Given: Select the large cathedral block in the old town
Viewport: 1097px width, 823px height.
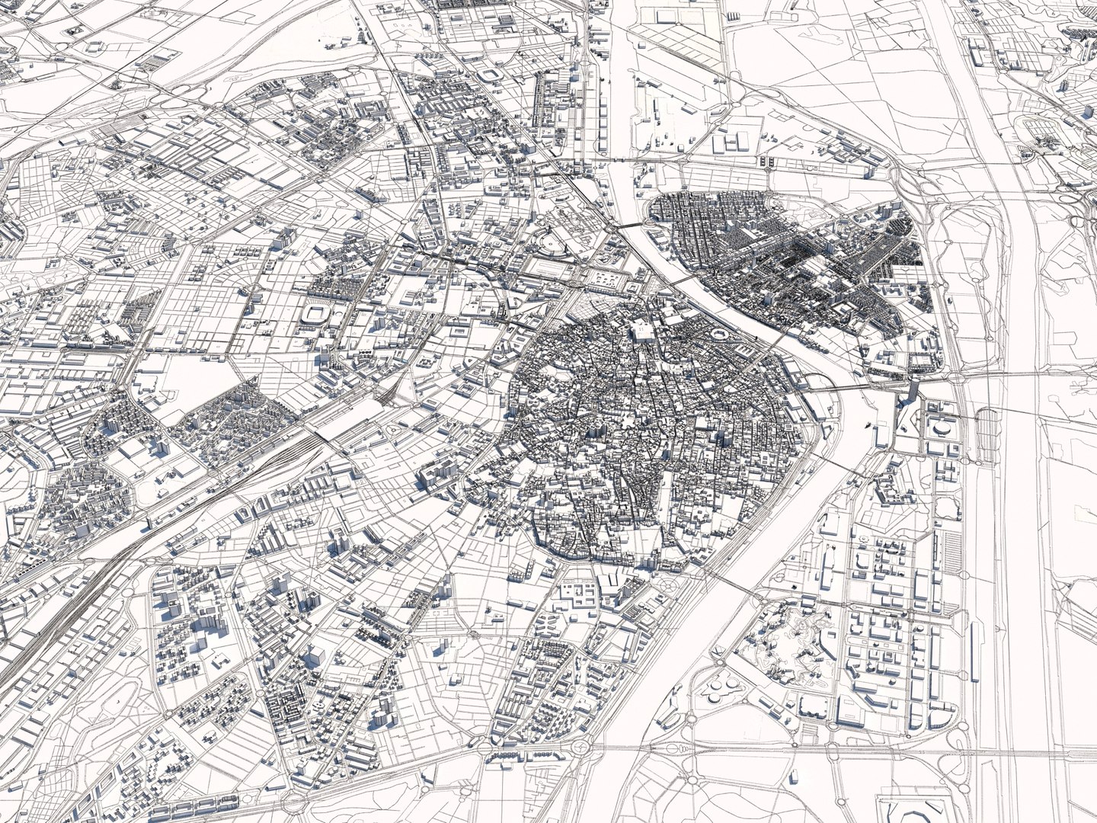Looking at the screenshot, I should click(641, 331).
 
